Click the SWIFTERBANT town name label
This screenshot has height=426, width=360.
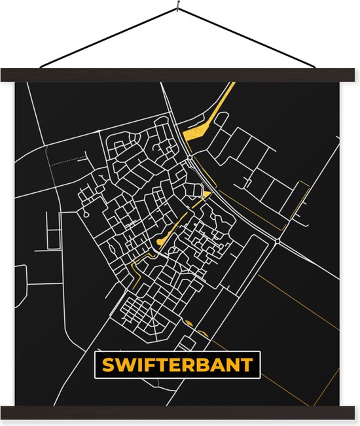(177, 365)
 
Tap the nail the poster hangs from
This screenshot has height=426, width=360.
(177, 9)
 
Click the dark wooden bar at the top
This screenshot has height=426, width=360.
(180, 75)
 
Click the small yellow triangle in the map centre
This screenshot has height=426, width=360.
(206, 194)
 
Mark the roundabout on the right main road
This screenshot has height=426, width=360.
(278, 241)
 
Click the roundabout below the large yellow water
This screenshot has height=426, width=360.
(189, 158)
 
